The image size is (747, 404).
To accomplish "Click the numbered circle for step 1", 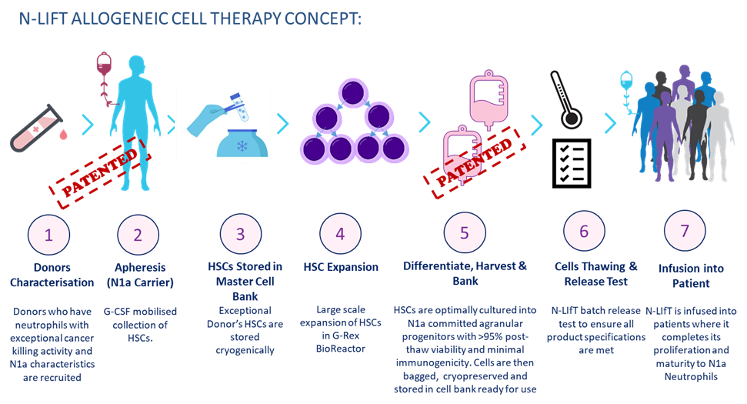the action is [x=48, y=235].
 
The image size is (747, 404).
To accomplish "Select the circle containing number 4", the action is [x=340, y=233].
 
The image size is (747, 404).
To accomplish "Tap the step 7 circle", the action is [x=685, y=231].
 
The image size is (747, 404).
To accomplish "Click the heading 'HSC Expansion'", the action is [x=341, y=267].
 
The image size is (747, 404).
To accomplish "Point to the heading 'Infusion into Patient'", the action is [x=691, y=275].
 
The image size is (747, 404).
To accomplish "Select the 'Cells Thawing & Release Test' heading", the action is [x=596, y=274].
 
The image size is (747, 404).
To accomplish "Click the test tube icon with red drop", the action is [x=38, y=129].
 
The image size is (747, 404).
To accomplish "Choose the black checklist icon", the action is [x=572, y=163].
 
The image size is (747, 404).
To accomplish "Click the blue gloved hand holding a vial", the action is [x=217, y=115].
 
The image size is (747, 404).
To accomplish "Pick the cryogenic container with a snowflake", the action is [x=242, y=143].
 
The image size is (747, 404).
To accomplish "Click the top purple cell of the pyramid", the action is [x=352, y=93].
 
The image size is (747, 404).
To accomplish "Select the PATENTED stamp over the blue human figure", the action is [x=100, y=172].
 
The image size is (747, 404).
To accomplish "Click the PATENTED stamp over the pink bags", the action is [x=475, y=162].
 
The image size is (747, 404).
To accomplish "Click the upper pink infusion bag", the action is [x=489, y=100].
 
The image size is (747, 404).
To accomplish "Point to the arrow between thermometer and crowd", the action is [x=611, y=123].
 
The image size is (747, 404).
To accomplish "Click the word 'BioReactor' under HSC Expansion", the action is [x=341, y=349].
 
